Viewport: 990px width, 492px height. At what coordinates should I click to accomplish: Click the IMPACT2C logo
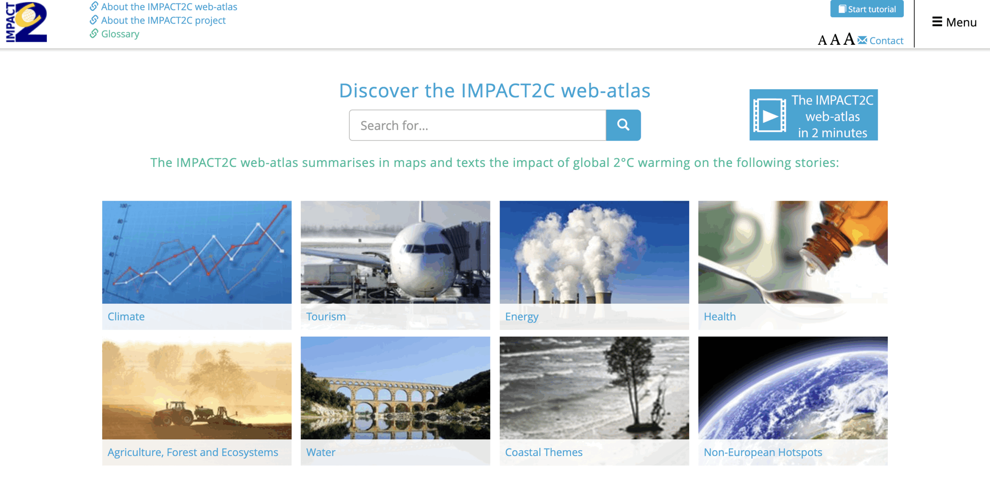tap(26, 22)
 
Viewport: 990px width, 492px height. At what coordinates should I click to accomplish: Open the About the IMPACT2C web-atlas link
tap(169, 7)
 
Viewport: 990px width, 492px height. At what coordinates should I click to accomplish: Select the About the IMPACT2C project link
tap(163, 20)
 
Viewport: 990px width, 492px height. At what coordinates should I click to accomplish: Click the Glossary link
tap(120, 34)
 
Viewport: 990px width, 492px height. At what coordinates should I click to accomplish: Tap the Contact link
tap(886, 41)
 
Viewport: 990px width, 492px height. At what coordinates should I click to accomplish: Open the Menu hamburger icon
tap(937, 22)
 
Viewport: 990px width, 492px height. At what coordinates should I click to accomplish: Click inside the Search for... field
tap(477, 125)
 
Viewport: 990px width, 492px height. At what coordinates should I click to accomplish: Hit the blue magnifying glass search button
tap(623, 125)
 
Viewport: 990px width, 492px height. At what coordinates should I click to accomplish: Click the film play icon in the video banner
tap(770, 116)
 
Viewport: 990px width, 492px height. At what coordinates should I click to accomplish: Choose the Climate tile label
tap(126, 317)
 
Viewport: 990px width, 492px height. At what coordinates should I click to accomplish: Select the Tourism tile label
tap(326, 317)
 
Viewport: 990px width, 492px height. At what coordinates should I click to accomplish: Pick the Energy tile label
tap(522, 317)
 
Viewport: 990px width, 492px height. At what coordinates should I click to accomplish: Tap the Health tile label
tap(720, 317)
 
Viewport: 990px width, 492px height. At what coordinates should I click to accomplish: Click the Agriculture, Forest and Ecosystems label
tap(193, 452)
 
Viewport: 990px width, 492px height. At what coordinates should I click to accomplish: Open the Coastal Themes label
tap(544, 452)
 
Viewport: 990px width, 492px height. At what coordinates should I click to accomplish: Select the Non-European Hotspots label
tap(763, 452)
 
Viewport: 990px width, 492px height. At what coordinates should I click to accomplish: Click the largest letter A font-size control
tap(849, 39)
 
